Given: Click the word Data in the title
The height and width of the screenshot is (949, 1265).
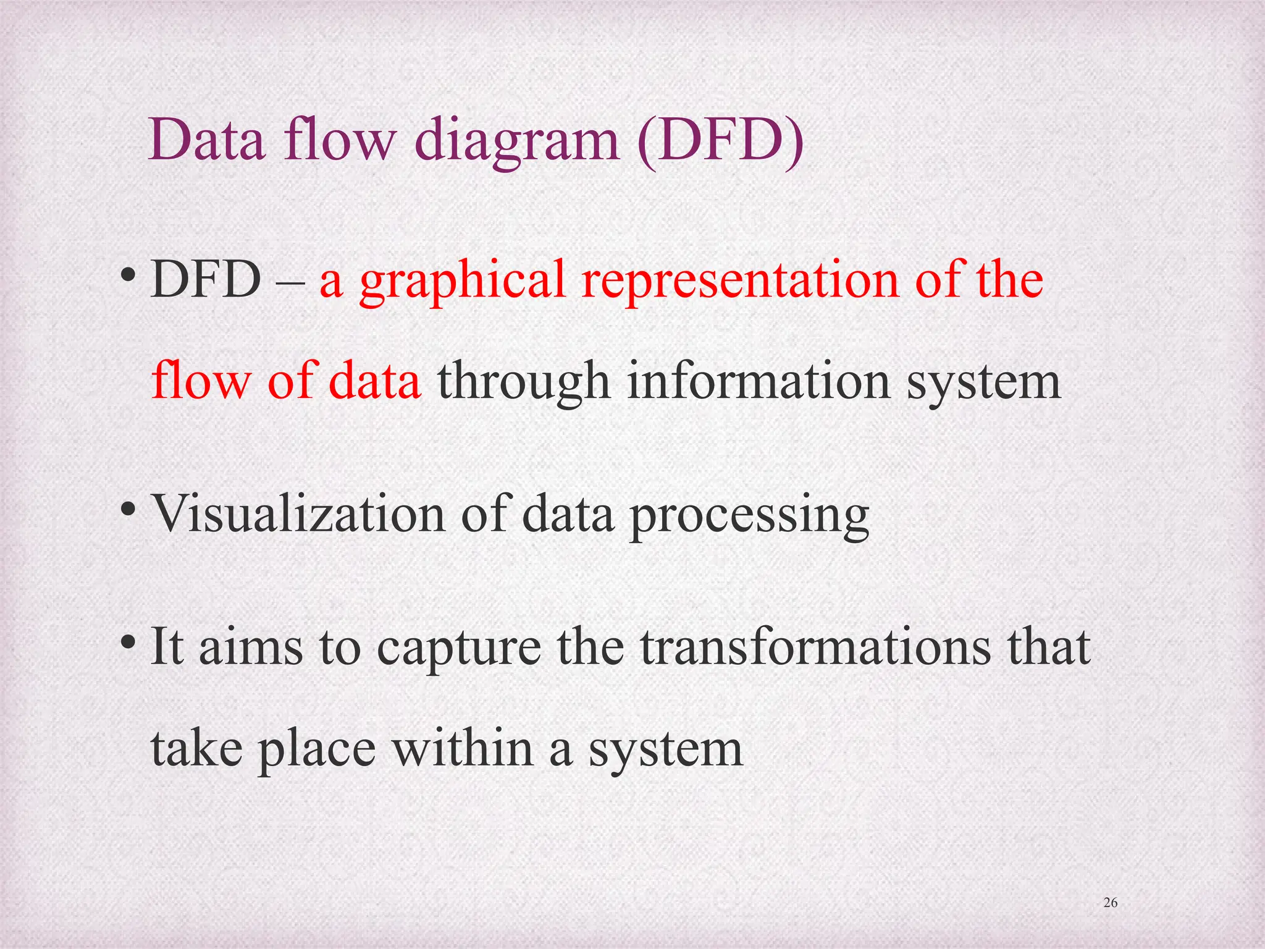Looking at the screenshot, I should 206,140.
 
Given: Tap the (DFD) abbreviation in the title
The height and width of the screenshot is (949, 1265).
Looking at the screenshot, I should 720,141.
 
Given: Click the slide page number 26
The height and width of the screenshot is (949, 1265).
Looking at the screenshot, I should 1110,903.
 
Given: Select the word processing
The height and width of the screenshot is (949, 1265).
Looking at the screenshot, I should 749,517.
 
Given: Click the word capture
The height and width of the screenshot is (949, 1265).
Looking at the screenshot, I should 458,650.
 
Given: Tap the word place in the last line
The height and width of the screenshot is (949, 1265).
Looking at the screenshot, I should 317,750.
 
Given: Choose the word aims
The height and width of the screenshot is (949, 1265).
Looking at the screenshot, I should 251,648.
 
